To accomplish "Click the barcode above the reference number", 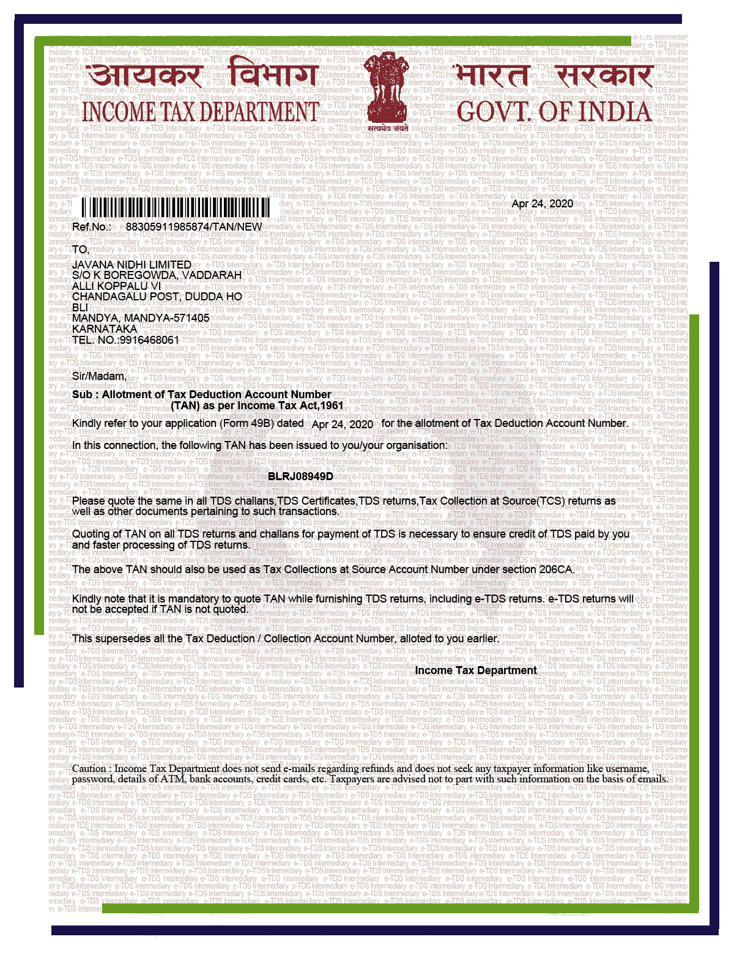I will [x=177, y=207].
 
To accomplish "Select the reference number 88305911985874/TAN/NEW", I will [x=194, y=227].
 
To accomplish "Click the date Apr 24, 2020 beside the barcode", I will [x=543, y=204].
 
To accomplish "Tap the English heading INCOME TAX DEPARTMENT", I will [x=201, y=112].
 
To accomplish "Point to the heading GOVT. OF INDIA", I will [x=554, y=112].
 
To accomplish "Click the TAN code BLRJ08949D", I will [x=300, y=477].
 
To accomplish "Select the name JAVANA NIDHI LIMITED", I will [x=132, y=264].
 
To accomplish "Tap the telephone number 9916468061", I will [x=150, y=340].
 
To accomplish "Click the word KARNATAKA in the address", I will [x=105, y=329].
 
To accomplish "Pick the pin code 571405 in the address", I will [x=190, y=318].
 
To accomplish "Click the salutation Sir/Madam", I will [x=99, y=376].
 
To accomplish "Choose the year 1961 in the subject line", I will [x=331, y=406].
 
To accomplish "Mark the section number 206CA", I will [x=557, y=569].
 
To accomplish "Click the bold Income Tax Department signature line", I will [x=475, y=670].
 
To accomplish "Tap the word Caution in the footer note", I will [x=91, y=769].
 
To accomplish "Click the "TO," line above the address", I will [x=81, y=250].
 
